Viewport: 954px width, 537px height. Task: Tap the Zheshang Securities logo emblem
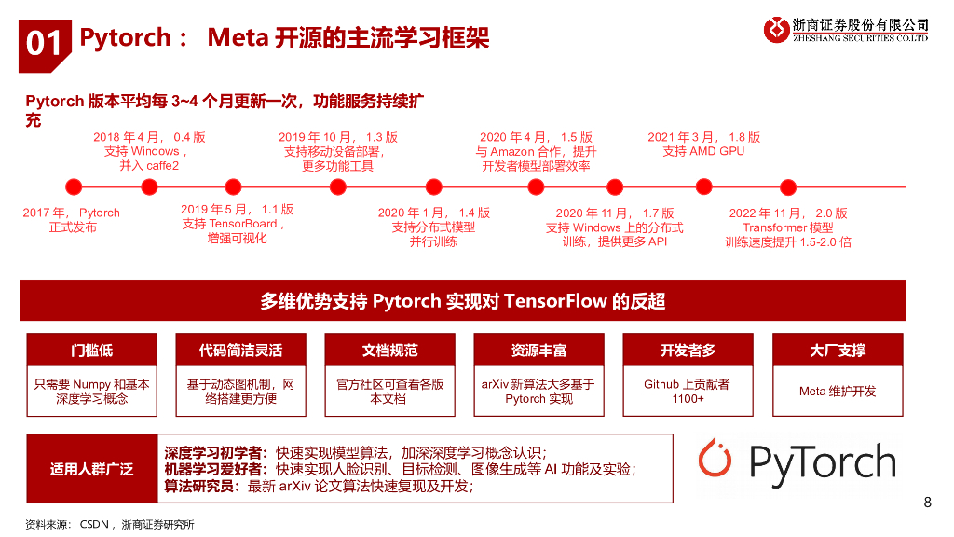776,30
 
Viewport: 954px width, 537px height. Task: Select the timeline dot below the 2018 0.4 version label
149,186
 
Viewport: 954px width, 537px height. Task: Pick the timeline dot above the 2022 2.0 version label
788,186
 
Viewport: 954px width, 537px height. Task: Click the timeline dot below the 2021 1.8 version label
703,186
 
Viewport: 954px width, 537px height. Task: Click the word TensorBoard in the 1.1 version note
242,224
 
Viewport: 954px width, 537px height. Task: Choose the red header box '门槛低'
91,351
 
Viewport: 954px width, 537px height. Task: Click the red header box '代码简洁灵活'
240,351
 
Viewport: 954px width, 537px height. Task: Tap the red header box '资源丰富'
538,351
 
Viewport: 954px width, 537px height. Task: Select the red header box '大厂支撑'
837,351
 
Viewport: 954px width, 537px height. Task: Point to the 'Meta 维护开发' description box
837,391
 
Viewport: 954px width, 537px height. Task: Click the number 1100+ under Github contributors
688,399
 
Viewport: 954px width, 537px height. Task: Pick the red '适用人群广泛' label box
91,469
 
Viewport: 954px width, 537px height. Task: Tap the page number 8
927,503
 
